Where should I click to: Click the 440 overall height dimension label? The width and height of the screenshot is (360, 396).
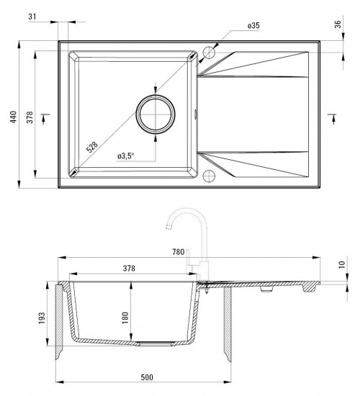13,117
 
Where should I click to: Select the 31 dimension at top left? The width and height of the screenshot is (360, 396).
32,17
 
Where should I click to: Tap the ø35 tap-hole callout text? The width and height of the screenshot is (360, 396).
253,25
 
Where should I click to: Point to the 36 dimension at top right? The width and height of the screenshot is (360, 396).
338,24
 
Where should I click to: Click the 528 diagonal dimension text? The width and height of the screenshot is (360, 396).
92,147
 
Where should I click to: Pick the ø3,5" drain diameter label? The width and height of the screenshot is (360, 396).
125,156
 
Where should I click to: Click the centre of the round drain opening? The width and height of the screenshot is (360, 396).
156,114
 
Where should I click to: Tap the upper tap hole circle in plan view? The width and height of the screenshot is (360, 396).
209,53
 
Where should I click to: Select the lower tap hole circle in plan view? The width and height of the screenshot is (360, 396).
209,176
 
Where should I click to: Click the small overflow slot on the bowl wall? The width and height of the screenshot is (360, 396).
195,114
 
